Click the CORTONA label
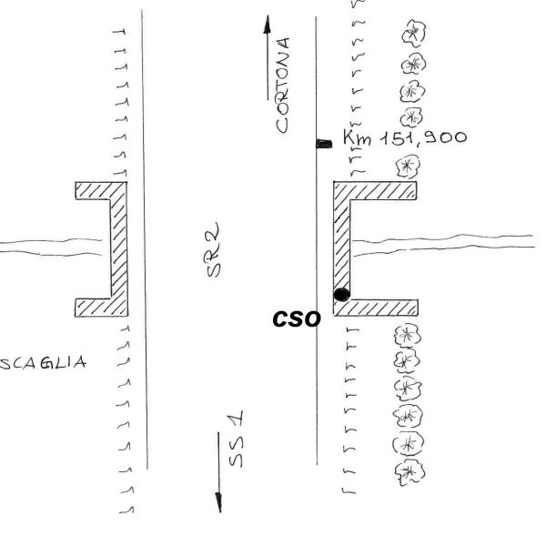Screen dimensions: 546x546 pos(283,86)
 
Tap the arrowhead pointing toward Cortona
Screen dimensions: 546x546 pos(267,25)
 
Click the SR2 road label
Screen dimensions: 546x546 pos(213,249)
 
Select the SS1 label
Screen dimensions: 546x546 pos(236,439)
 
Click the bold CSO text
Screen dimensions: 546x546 pos(297,319)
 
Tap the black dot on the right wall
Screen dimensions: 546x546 pos(341,295)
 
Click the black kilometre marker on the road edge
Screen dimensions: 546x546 pos(324,144)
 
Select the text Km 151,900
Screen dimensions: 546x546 pos(405,137)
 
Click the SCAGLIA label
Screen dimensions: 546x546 pos(43,363)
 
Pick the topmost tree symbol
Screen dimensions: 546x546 pos(413,33)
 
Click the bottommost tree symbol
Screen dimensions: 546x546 pos(409,471)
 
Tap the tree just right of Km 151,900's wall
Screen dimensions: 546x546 pos(408,167)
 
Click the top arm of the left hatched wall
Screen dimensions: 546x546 pos(101,190)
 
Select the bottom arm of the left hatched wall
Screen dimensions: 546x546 pos(101,308)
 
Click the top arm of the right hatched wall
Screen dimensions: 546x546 pos(375,190)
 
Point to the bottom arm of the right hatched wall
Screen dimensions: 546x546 pos(376,308)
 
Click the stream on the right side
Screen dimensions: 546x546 pos(443,244)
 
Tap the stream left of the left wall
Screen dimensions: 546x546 pos(51,248)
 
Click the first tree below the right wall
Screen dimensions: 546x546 pos(407,335)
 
